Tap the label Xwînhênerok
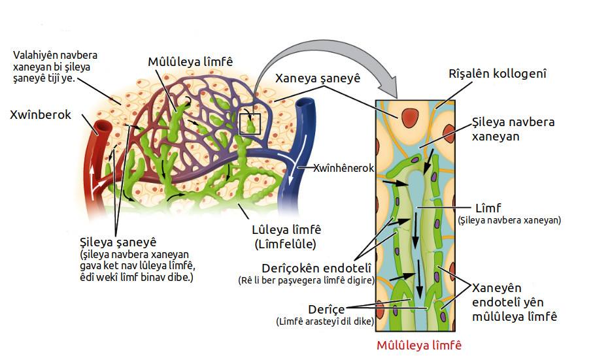tap(343, 168)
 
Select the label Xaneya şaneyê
tap(318, 79)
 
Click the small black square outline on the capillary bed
tap(250, 123)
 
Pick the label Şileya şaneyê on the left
tap(115, 241)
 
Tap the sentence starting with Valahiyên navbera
tap(56, 67)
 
